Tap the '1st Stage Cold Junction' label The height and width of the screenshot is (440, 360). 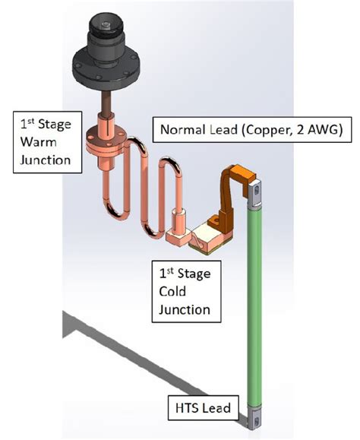(x=184, y=290)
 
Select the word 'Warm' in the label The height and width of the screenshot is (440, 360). (x=39, y=141)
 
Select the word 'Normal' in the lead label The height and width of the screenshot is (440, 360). (x=181, y=130)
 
